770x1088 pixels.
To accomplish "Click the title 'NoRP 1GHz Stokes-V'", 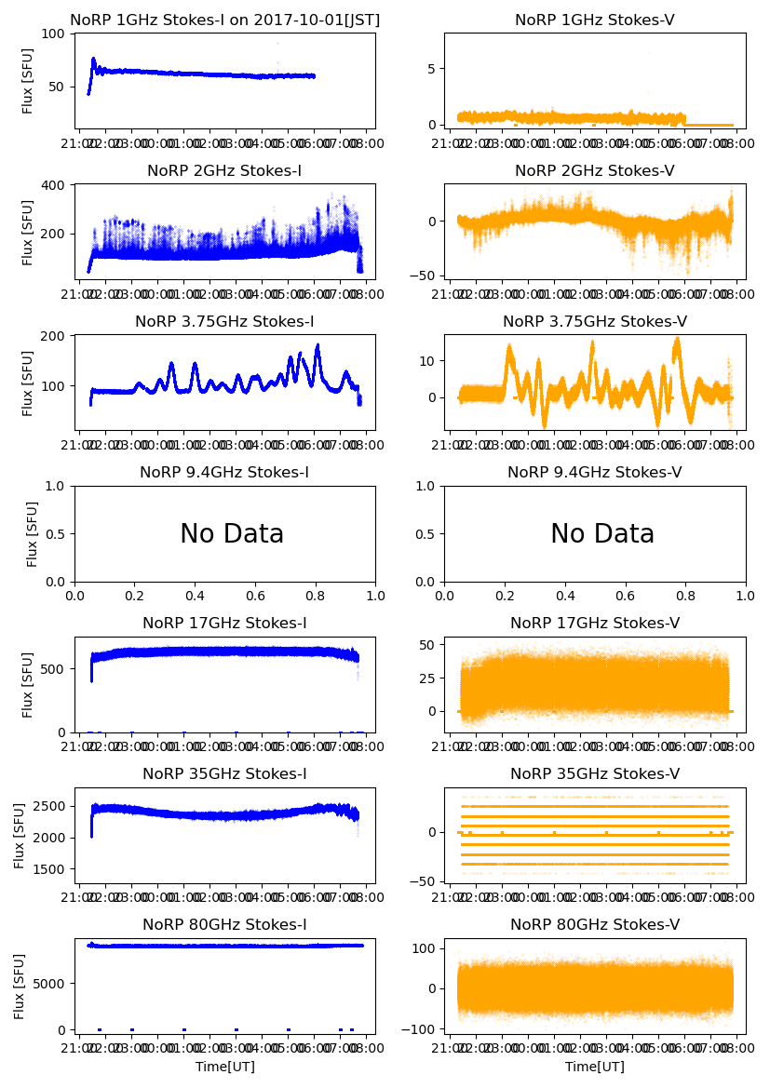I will coord(594,20).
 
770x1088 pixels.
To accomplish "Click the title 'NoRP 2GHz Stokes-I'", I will coord(224,171).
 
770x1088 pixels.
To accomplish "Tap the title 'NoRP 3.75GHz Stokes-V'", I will coord(594,322).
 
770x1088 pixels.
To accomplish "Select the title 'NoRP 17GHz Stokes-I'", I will coord(224,624).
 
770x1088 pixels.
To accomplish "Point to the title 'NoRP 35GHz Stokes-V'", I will coord(594,774).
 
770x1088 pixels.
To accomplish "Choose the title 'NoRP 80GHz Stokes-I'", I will coord(224,925).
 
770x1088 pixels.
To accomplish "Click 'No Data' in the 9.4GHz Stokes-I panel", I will coord(232,534).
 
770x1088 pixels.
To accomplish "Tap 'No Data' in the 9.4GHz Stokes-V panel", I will coord(602,534).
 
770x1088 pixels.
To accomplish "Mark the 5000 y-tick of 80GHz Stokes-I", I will coord(49,983).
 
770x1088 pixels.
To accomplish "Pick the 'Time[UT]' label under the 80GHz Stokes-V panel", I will coord(594,1067).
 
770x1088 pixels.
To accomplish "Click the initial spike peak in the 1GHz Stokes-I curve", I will coord(93,59).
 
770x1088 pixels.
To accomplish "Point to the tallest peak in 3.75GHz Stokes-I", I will coord(317,345).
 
